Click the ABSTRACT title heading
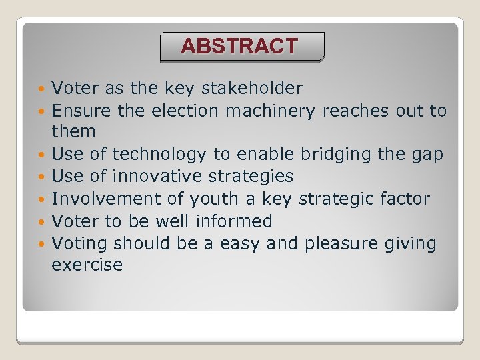coord(240,46)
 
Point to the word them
coord(73,131)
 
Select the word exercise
coord(87,265)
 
